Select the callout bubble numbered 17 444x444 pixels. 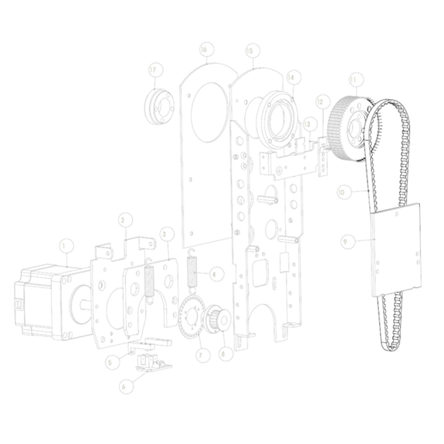153,70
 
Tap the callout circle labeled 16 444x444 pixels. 204,50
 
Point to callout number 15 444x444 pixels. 249,51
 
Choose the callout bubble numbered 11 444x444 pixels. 353,80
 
